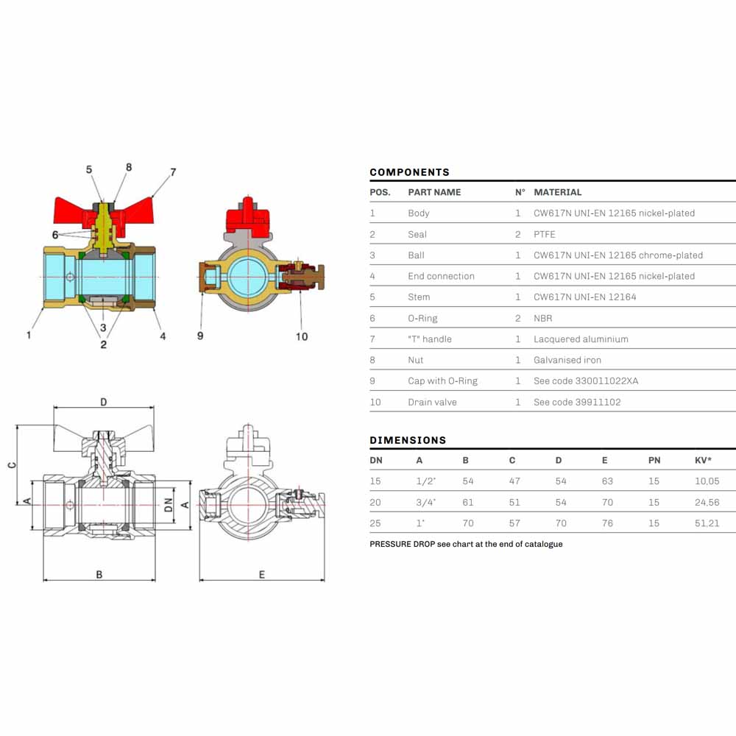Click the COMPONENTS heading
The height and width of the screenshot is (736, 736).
tap(409, 172)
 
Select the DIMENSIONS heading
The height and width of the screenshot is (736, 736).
tap(408, 440)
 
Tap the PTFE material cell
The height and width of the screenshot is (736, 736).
tap(544, 234)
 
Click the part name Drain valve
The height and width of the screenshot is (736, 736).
tap(432, 403)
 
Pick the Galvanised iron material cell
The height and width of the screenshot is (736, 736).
tap(567, 360)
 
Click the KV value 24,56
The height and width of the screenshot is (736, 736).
tap(707, 502)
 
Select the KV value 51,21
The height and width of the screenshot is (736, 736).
tap(707, 523)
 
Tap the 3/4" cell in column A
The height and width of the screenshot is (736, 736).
tap(425, 502)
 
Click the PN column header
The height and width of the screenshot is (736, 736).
tap(654, 461)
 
